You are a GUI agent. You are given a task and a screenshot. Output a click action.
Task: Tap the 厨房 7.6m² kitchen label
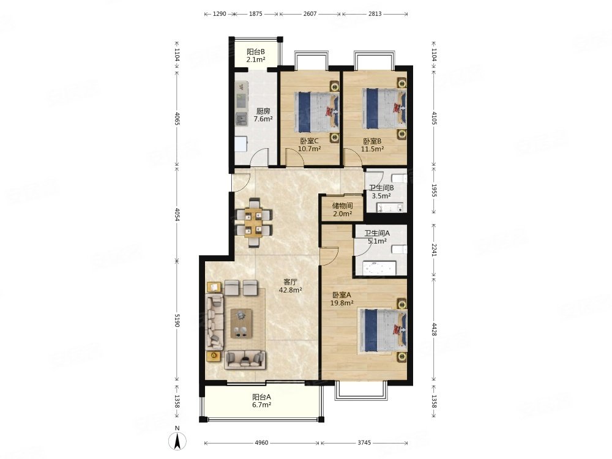point(263,115)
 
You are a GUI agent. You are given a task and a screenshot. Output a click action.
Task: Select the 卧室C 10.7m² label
point(310,145)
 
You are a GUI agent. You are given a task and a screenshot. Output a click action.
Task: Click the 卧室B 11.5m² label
point(372,145)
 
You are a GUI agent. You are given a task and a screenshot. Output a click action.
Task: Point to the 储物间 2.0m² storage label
point(342,209)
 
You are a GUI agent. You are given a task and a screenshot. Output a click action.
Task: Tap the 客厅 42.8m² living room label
point(290,286)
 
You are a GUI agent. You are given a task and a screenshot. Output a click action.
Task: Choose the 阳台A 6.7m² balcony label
point(261,401)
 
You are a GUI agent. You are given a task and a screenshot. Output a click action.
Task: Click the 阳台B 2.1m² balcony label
point(256,56)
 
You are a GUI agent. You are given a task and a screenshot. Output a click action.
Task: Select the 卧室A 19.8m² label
point(342,299)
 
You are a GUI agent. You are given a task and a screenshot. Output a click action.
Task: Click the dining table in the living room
point(254,223)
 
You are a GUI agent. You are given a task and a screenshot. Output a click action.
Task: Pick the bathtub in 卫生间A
point(379,268)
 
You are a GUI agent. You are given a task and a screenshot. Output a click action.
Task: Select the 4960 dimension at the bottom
point(261,443)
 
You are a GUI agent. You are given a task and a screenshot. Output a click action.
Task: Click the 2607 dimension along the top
point(310,14)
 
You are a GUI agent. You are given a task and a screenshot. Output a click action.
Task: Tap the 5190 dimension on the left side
point(177,321)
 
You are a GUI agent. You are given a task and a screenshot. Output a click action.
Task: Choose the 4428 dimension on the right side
point(434,329)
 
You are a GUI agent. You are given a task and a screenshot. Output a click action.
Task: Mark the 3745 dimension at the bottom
point(364,443)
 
